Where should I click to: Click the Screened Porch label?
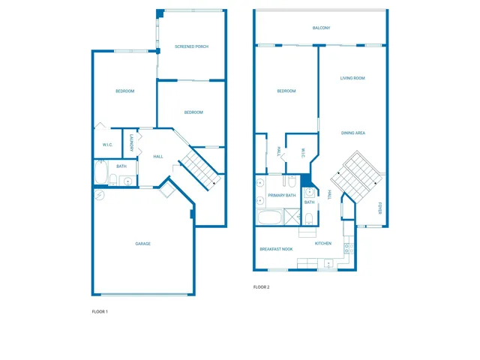click(x=191, y=46)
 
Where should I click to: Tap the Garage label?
click(x=142, y=244)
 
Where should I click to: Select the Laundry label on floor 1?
click(x=131, y=142)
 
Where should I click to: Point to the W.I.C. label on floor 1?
click(x=107, y=145)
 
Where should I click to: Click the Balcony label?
click(x=321, y=28)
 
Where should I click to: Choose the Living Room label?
click(x=352, y=78)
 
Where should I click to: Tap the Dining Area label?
click(x=352, y=133)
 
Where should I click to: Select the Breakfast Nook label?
click(x=276, y=249)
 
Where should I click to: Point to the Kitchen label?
click(x=323, y=244)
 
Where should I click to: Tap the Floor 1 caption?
click(x=100, y=311)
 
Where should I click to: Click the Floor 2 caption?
click(x=261, y=287)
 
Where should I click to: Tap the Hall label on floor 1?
click(x=158, y=157)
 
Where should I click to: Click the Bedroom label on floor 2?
click(x=286, y=91)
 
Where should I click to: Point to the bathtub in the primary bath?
click(x=269, y=218)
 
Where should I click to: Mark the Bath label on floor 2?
click(x=309, y=202)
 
